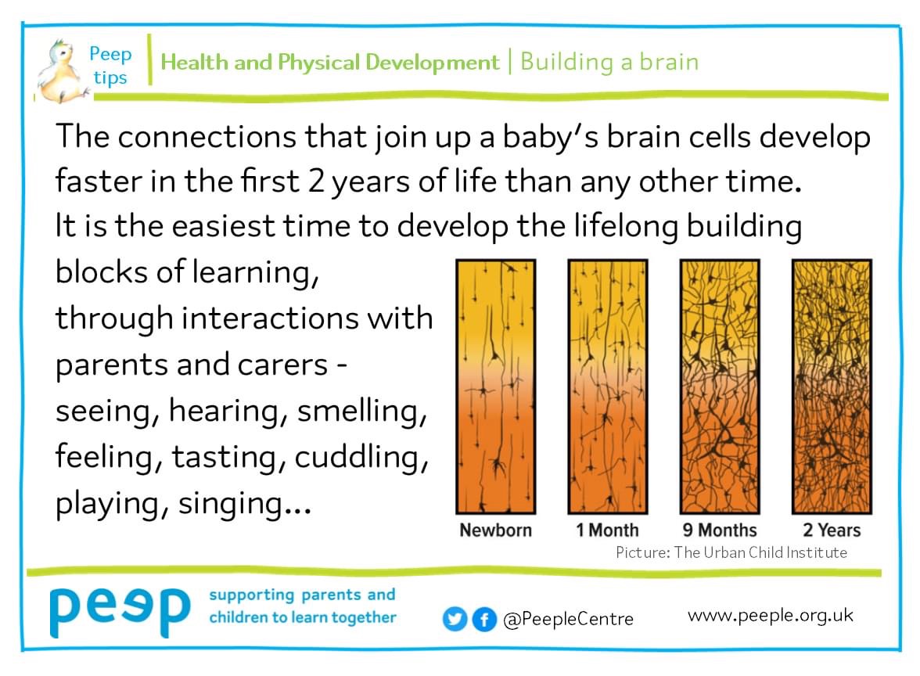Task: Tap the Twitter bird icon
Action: pos(454,619)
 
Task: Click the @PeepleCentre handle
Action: pos(568,620)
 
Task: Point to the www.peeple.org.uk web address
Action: pos(770,615)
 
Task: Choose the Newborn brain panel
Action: pos(496,386)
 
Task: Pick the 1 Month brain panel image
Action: pos(607,386)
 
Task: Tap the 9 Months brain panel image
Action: pos(720,386)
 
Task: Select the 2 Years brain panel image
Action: pos(832,386)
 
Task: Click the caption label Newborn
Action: pos(496,530)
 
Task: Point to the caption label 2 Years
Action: pos(832,530)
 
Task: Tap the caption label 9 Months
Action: pos(720,530)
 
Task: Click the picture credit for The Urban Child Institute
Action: pos(731,552)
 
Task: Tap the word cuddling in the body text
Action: pos(361,457)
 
